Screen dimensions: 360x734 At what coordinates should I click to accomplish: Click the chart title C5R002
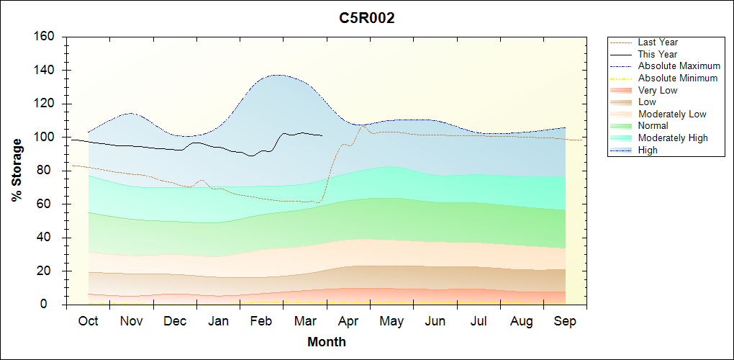tap(367, 19)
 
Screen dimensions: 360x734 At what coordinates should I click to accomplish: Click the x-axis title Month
tap(327, 342)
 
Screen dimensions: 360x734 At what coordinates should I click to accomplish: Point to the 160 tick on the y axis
tap(45, 37)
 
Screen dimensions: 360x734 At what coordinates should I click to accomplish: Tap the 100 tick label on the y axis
tap(45, 138)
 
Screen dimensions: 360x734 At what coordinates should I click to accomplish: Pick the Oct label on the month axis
tap(88, 321)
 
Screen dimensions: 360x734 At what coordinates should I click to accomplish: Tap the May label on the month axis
tap(391, 321)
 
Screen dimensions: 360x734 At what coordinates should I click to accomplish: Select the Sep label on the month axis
tap(565, 321)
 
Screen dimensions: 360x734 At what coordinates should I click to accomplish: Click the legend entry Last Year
tap(658, 42)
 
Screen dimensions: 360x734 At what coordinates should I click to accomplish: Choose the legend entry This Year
tap(658, 54)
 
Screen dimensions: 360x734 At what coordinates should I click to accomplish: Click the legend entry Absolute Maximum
tap(679, 66)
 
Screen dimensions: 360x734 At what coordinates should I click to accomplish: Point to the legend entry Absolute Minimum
tap(678, 78)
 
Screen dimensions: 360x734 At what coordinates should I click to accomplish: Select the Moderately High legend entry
tap(673, 138)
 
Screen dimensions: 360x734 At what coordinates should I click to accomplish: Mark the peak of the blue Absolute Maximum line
tap(277, 75)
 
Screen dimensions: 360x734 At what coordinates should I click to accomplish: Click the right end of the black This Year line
tap(322, 135)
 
